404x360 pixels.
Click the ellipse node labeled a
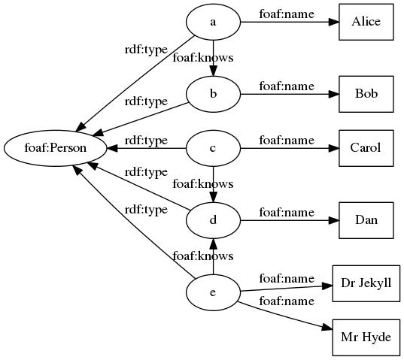pos(213,22)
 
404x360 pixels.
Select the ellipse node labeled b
pos(213,95)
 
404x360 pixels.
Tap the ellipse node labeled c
pos(213,148)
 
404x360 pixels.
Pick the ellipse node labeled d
pos(213,220)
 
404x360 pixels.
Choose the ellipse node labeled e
pos(213,292)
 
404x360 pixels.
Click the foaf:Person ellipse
pos(56,148)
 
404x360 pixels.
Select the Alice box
pos(366,22)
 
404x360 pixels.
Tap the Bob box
pos(366,95)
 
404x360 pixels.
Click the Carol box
pos(366,148)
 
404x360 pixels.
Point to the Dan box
pos(366,220)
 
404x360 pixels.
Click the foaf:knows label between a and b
pos(202,57)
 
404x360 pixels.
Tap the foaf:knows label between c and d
pos(202,183)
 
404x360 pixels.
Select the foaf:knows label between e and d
pos(202,256)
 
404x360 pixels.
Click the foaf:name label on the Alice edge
pos(286,14)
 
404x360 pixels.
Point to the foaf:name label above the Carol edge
pos(286,140)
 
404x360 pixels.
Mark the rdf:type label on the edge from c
pos(145,140)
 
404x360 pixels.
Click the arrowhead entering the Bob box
pos(333,95)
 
